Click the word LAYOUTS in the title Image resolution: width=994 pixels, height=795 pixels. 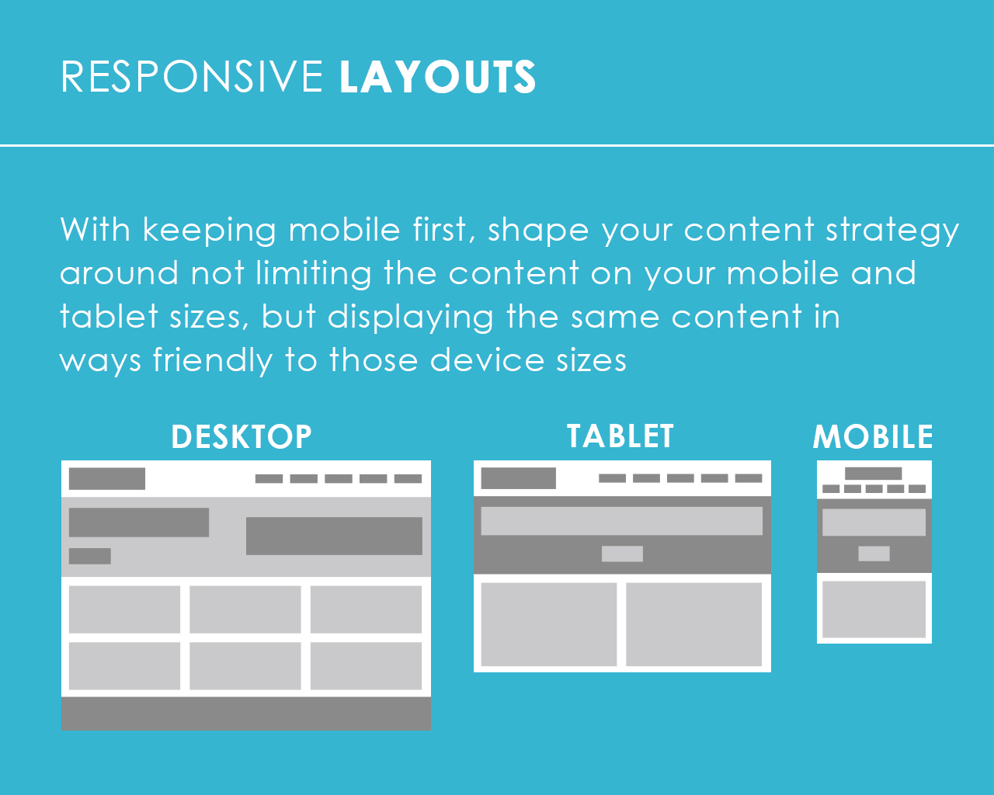437,77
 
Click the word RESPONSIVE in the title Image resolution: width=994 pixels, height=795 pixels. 192,77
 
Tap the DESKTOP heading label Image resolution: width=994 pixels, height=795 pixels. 241,436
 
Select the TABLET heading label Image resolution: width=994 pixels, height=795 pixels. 620,436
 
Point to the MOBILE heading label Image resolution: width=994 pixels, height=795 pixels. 873,436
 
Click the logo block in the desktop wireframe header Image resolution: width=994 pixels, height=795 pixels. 106,478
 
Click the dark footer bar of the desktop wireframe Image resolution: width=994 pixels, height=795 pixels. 245,713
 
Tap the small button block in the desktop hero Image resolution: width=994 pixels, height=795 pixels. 89,556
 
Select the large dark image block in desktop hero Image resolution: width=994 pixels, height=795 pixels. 334,536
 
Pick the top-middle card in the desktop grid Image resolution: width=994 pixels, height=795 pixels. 245,609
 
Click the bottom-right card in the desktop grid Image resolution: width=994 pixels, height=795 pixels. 366,665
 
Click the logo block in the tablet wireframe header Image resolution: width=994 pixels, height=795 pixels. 518,478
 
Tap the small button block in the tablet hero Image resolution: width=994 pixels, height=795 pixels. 622,554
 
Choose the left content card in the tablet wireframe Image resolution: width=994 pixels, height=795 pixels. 549,624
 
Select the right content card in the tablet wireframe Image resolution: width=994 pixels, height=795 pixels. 693,624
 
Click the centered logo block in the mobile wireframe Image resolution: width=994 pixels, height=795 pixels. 874,474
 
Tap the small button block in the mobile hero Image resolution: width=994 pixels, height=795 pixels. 874,554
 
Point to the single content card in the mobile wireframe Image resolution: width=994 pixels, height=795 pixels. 874,609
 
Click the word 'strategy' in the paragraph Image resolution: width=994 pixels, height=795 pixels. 892,231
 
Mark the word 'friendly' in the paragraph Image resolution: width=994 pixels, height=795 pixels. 213,361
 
